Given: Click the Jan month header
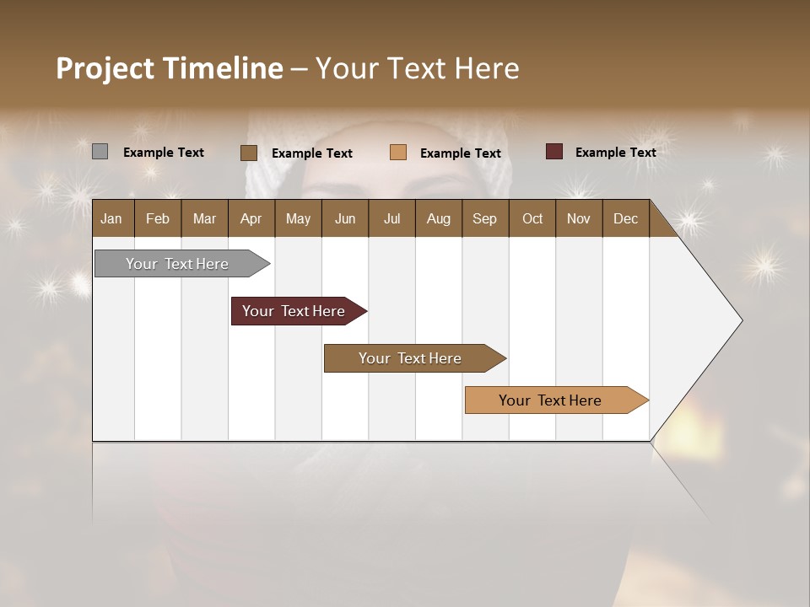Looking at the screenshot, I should coord(112,218).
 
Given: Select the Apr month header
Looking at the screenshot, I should coord(251,218).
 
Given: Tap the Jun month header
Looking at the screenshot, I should coord(345,218).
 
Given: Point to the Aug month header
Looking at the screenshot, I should coord(438,218).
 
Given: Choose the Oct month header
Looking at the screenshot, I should coord(532,218).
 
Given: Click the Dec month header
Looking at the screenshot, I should coord(625,218).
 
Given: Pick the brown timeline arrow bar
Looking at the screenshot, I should coord(411,358).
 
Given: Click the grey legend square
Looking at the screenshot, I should coord(100,152).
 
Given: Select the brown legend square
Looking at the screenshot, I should coord(248,153).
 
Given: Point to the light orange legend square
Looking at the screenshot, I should coord(398,153).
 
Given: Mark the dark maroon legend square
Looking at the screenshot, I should coord(554,152).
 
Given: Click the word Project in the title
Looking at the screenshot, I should coord(104,68).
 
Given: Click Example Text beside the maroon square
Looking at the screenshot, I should coord(615,153).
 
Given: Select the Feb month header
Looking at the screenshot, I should coord(158,218).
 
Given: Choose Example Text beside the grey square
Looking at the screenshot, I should coord(164,153).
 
